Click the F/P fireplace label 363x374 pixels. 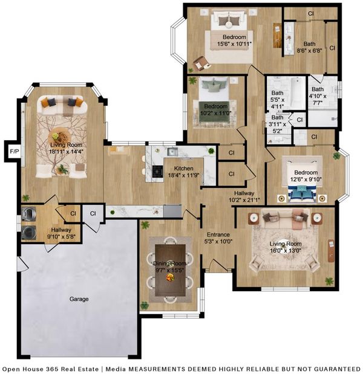tap(15, 151)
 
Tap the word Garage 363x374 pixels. tap(79, 299)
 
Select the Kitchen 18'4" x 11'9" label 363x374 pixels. tap(184, 172)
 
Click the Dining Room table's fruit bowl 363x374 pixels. tap(170, 277)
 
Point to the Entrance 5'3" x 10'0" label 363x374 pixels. tap(218, 238)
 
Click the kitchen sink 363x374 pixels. tap(172, 152)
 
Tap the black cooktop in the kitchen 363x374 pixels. tap(158, 171)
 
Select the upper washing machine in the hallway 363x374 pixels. tap(28, 213)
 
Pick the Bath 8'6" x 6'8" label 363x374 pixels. tap(310, 47)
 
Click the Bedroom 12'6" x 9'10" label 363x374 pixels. tap(306, 176)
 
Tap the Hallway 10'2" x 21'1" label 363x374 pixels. tap(244, 196)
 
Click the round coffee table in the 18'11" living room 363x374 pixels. tap(59, 137)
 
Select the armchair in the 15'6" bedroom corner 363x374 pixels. tap(200, 63)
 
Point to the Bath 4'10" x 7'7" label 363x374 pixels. tap(318, 96)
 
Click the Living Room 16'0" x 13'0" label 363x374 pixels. tap(286, 247)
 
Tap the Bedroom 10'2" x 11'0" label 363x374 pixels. tap(215, 110)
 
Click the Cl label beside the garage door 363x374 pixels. tap(93, 213)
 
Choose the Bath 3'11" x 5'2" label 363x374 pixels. tap(277, 124)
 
